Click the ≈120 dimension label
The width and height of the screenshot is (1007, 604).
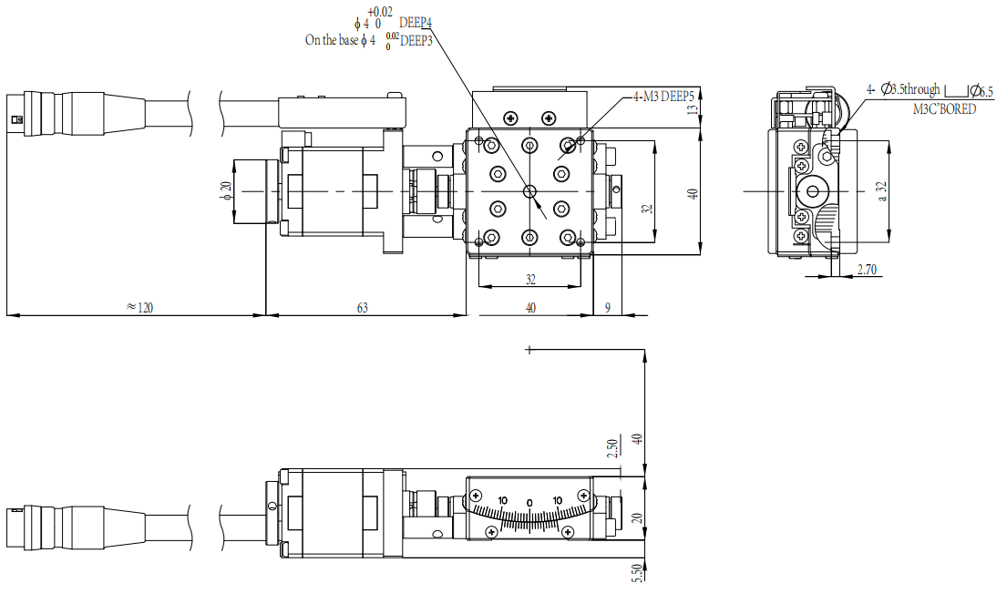click(140, 307)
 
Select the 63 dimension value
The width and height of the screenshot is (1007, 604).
click(362, 307)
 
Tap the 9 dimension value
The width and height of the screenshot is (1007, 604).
click(608, 307)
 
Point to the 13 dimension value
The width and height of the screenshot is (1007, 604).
click(692, 109)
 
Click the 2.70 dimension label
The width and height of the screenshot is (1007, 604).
click(867, 270)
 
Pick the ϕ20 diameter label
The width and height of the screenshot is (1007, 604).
click(225, 190)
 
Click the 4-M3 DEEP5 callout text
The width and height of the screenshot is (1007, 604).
click(663, 97)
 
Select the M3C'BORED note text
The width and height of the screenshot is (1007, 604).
click(944, 109)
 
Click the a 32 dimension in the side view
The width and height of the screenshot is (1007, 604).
click(882, 191)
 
